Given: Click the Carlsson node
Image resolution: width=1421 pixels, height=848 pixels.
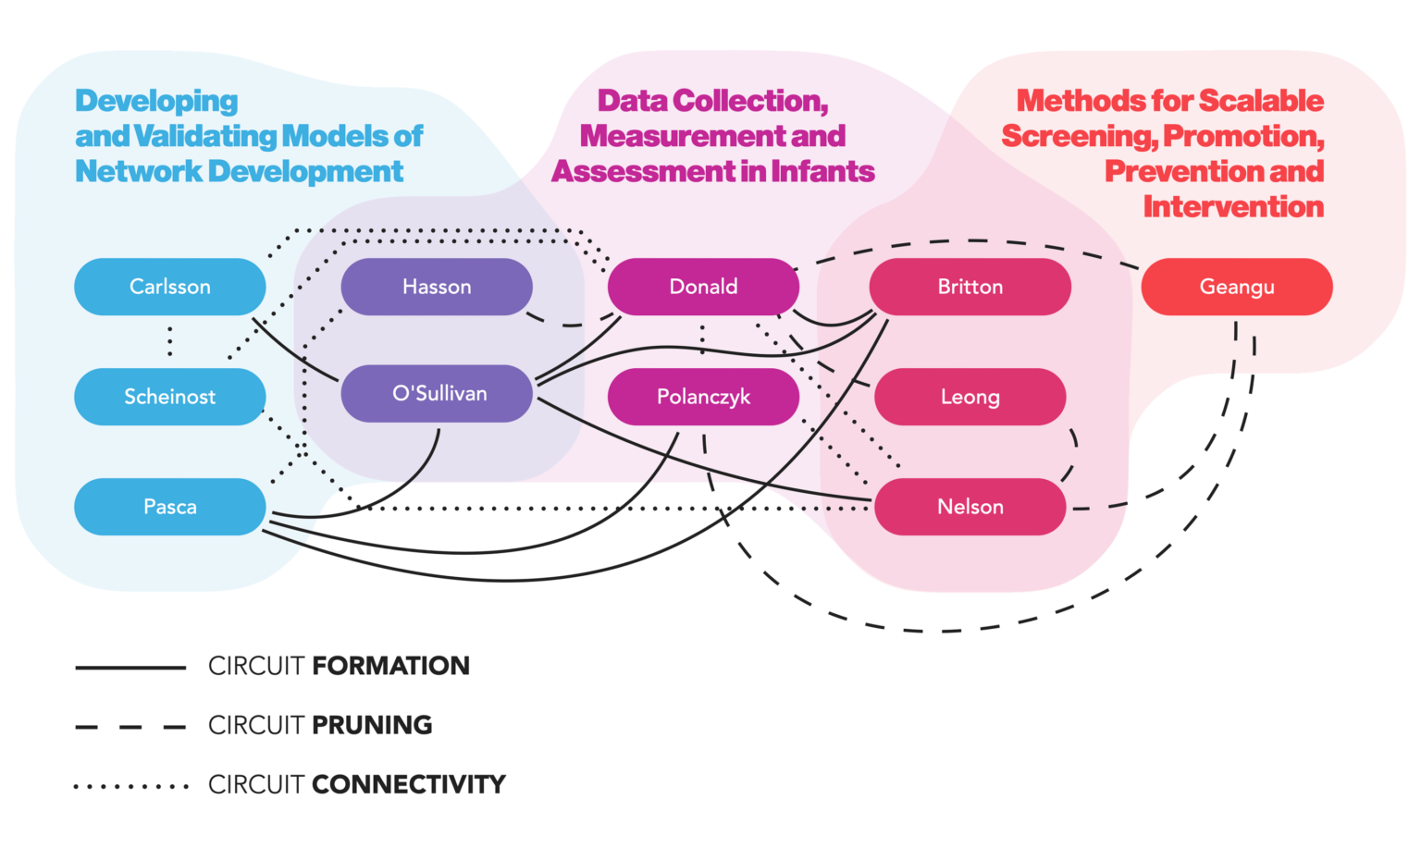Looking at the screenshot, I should [x=169, y=287].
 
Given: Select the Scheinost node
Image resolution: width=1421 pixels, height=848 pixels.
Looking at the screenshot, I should [x=169, y=397].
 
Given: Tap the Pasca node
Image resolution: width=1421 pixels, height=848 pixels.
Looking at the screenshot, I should [x=169, y=507].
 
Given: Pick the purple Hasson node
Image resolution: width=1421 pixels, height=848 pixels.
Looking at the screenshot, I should [x=437, y=287].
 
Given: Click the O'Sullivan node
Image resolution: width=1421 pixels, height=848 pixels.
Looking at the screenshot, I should [x=437, y=394].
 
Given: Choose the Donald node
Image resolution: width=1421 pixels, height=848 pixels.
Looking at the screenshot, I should [x=703, y=287].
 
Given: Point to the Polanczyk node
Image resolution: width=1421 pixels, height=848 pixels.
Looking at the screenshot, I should [x=703, y=397].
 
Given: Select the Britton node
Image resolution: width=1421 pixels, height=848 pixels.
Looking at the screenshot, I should [x=970, y=287].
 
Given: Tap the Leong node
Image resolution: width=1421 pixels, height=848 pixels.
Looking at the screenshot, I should [x=970, y=397].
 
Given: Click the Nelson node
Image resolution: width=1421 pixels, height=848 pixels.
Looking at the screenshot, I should [x=970, y=507].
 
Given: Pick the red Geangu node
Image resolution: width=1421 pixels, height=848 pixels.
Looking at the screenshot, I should [x=1236, y=287].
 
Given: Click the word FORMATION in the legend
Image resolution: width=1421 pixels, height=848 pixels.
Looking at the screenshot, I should [x=390, y=666].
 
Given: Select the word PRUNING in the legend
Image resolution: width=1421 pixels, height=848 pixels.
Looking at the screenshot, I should [x=372, y=725].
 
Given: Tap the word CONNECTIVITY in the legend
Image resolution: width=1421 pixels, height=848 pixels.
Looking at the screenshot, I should [x=408, y=784].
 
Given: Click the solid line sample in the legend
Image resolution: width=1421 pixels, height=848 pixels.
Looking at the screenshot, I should [x=130, y=667].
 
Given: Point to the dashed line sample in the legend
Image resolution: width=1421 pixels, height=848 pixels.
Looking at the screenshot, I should [x=130, y=727].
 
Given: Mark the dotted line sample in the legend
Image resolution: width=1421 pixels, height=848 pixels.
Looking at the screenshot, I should [x=130, y=787].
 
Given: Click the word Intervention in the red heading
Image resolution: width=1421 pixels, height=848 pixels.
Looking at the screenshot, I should [x=1232, y=206].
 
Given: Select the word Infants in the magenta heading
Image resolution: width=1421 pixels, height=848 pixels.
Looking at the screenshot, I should [x=822, y=171].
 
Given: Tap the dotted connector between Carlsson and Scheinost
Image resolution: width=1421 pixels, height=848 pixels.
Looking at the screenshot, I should [x=169, y=341].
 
